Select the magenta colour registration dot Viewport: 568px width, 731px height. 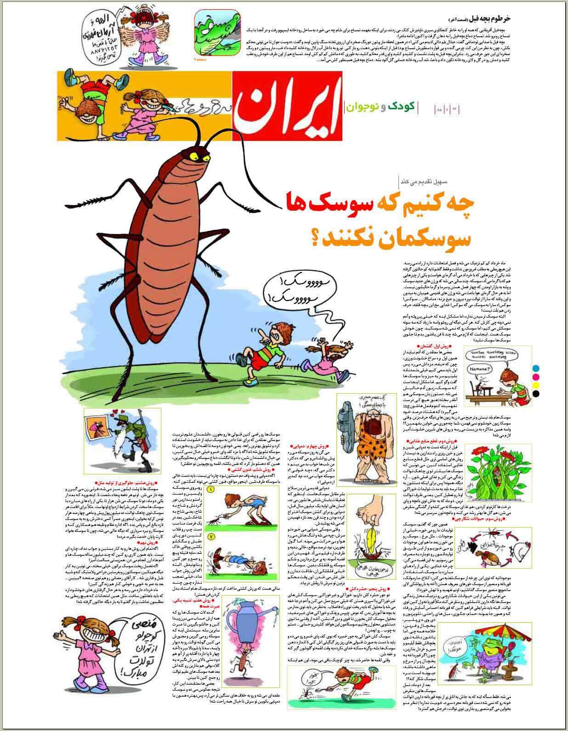(536, 376)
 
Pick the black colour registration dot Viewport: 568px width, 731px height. (536, 393)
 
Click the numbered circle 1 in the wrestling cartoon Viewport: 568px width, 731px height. (211, 490)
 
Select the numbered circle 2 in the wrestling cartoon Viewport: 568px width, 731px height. (211, 536)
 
